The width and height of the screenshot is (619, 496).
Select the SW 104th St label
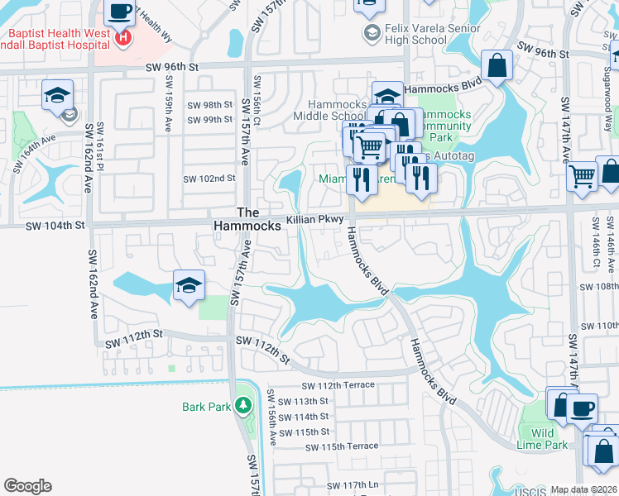click(x=55, y=225)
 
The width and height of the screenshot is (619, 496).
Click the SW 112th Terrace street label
click(x=338, y=385)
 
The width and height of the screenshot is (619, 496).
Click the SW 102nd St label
click(x=209, y=179)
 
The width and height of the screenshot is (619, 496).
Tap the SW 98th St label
click(x=210, y=105)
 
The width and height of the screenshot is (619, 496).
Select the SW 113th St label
click(x=305, y=401)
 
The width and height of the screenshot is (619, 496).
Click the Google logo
click(x=27, y=486)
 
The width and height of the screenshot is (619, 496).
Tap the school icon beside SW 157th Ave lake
click(x=190, y=286)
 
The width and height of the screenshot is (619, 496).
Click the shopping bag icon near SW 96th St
click(x=497, y=66)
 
